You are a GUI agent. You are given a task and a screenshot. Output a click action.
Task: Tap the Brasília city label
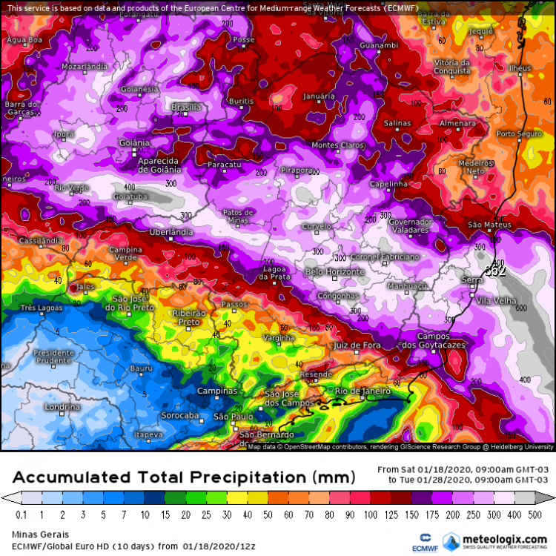tap(186, 107)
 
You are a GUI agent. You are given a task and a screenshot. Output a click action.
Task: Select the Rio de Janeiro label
tap(363, 391)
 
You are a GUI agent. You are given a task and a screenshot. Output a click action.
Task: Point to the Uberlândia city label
tap(171, 232)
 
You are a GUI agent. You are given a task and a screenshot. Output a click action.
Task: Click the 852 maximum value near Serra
tap(495, 271)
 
